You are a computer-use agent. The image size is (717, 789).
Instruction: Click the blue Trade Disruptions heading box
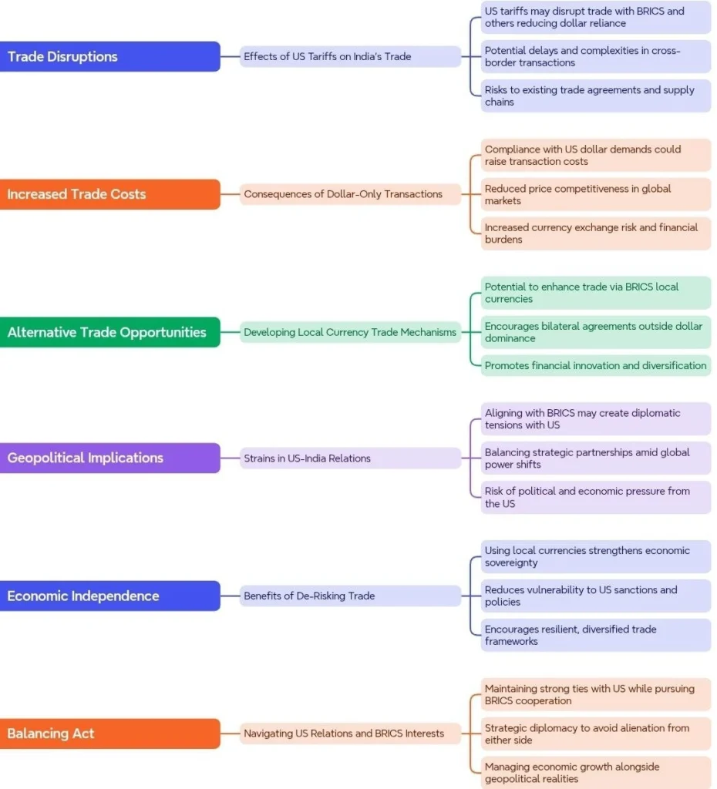pyautogui.click(x=109, y=56)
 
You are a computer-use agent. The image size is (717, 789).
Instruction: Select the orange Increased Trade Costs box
pyautogui.click(x=109, y=194)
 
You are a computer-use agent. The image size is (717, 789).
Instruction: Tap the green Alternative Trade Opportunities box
pyautogui.click(x=109, y=332)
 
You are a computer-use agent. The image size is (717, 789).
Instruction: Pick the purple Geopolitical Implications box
pyautogui.click(x=109, y=458)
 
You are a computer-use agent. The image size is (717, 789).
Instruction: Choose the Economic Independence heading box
pyautogui.click(x=109, y=596)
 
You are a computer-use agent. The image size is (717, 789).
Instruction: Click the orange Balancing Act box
pyautogui.click(x=109, y=734)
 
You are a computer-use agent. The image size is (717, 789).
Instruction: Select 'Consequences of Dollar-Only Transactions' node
pyautogui.click(x=350, y=194)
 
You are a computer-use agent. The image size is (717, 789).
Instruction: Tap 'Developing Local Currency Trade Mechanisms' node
pyautogui.click(x=350, y=332)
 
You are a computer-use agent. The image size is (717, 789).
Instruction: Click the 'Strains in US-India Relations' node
pyautogui.click(x=350, y=458)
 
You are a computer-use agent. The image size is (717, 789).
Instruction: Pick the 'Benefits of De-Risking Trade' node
pyautogui.click(x=350, y=596)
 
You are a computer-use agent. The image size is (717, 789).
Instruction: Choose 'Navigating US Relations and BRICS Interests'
pyautogui.click(x=350, y=734)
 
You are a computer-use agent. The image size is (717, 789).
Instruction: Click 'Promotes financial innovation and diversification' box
pyautogui.click(x=596, y=365)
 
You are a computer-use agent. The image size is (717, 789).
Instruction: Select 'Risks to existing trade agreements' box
pyautogui.click(x=596, y=96)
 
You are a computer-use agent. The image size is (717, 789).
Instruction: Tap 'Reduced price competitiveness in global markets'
pyautogui.click(x=596, y=194)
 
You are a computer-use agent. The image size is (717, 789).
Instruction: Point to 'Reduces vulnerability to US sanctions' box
pyautogui.click(x=596, y=596)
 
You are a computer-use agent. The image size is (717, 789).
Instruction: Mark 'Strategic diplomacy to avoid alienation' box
pyautogui.click(x=596, y=734)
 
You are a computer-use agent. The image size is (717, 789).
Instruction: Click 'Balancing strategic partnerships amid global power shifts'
pyautogui.click(x=596, y=458)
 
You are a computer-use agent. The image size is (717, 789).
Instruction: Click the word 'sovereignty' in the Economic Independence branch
pyautogui.click(x=511, y=563)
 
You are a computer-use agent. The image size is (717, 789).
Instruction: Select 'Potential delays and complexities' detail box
pyautogui.click(x=596, y=56)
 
